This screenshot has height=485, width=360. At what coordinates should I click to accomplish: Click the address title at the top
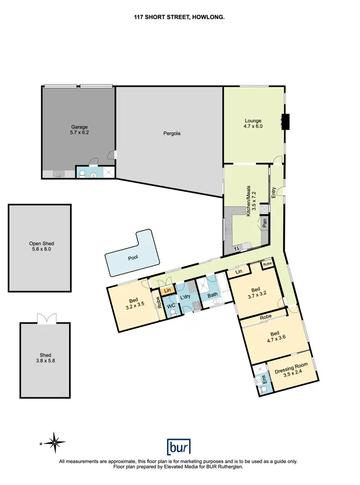click(180, 17)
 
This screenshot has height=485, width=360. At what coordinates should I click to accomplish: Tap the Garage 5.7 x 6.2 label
click(79, 130)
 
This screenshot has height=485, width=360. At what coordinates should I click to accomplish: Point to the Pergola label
click(171, 133)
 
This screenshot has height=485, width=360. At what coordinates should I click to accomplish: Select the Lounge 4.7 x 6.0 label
click(253, 124)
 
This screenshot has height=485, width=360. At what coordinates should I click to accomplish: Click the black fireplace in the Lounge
click(286, 122)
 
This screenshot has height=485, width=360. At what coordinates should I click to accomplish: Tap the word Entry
click(274, 192)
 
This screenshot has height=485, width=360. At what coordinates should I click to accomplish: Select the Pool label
click(133, 258)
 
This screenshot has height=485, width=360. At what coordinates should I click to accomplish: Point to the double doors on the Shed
click(46, 319)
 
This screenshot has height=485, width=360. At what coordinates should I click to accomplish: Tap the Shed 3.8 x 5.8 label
click(46, 358)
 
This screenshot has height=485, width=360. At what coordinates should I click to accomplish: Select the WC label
click(171, 305)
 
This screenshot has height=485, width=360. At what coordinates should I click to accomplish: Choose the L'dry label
click(185, 297)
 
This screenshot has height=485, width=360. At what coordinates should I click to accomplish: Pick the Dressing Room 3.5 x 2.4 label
click(291, 372)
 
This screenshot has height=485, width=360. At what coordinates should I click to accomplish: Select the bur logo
click(179, 447)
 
